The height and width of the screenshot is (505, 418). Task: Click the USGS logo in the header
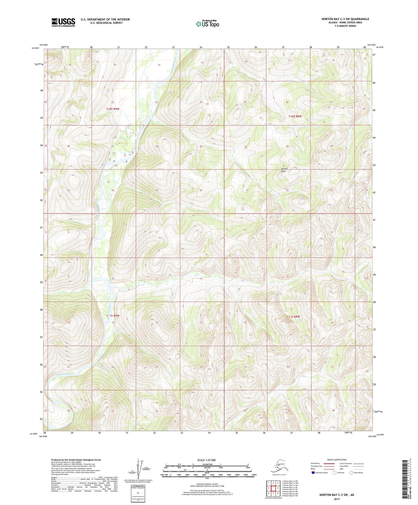[63, 22]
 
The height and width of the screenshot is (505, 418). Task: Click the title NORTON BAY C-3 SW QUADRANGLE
[345, 19]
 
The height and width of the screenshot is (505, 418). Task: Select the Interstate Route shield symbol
[313, 473]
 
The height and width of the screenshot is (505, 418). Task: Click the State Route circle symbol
[351, 473]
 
